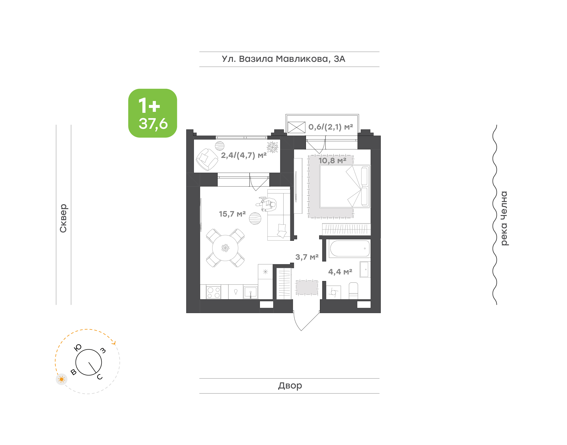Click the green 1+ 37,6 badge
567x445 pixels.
pos(153,113)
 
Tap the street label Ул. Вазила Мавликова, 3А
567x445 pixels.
pos(283,59)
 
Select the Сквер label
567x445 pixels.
pos(63,218)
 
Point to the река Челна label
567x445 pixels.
pos(504,218)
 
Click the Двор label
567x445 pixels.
pos(290,386)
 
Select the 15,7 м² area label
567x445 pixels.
pos(232,214)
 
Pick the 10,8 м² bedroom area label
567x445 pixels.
pos(333,160)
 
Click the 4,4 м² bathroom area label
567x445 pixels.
pos(340,272)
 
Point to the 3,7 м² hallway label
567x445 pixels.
pos(307,257)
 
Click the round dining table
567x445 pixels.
pos(225,248)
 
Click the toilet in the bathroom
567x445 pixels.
pos(353,291)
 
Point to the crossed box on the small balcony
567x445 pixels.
pos(296,127)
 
